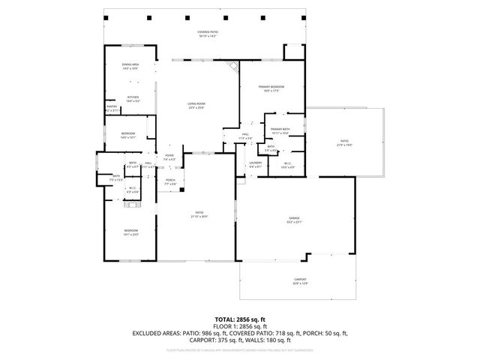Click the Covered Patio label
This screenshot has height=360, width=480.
click(x=207, y=34)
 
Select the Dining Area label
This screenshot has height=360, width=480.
click(x=130, y=66)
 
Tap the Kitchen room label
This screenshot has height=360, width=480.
click(x=132, y=98)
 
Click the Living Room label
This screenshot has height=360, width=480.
click(x=197, y=106)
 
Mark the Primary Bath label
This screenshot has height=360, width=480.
click(x=280, y=130)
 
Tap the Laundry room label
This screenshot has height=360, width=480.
click(x=255, y=163)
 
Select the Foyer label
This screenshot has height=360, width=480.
click(x=169, y=157)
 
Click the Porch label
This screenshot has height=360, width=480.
click(x=170, y=181)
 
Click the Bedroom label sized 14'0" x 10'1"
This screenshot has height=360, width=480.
click(x=128, y=136)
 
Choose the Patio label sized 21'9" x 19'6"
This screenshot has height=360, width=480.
click(x=344, y=142)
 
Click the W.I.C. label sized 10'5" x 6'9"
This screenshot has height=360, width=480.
click(x=287, y=165)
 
